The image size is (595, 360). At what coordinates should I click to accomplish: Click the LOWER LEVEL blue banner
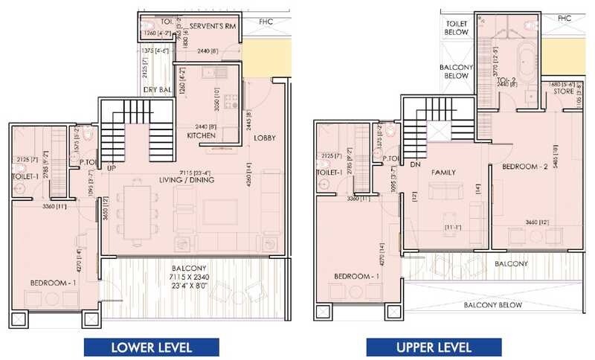pos(152,347)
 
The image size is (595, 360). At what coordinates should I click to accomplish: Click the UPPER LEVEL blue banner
pos(434,347)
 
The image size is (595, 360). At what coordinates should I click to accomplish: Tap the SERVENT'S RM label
pos(213,26)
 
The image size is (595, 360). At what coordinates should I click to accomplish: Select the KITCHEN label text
pos(202,136)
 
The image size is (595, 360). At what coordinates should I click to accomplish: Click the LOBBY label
pos(265,138)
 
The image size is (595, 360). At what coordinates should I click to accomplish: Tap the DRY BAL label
pos(158,91)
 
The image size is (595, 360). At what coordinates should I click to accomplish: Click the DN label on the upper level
pos(415,165)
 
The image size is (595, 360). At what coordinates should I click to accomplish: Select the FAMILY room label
pos(443,173)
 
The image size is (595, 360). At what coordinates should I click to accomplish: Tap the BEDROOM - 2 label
pos(525,167)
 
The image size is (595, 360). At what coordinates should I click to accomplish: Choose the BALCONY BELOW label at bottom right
pos(493,305)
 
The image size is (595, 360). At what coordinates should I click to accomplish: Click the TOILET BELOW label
pos(457,28)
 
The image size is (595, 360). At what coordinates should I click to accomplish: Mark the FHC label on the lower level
pos(266,22)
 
